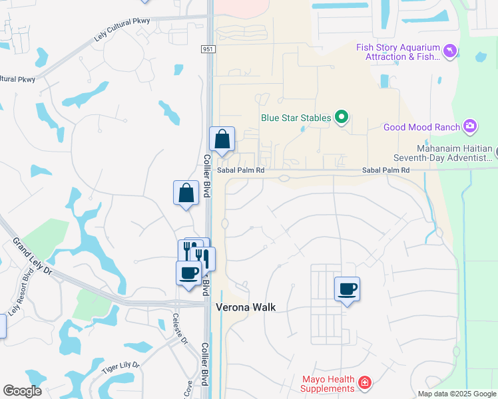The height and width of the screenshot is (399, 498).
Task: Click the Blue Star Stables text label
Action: point(295,118)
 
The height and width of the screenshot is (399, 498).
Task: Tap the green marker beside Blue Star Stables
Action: point(342,118)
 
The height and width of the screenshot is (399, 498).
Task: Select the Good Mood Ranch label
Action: point(421,127)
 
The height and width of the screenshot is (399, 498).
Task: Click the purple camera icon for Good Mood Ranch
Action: point(470,126)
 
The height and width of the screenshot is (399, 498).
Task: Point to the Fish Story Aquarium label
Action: point(398,52)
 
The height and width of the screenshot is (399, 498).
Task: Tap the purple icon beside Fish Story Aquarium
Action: point(451,51)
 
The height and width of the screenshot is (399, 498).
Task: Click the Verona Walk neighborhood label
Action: point(245,308)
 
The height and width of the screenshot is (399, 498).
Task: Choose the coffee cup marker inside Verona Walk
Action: point(347,289)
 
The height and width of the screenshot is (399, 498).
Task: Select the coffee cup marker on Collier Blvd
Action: point(188,273)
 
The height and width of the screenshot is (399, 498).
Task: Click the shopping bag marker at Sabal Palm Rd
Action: point(222,140)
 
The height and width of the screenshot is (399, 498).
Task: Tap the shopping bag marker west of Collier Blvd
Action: point(186,194)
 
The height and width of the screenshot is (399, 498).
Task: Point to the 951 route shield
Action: point(208,49)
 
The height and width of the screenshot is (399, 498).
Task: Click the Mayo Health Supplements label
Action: point(328,384)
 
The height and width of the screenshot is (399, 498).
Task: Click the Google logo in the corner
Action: point(22,391)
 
